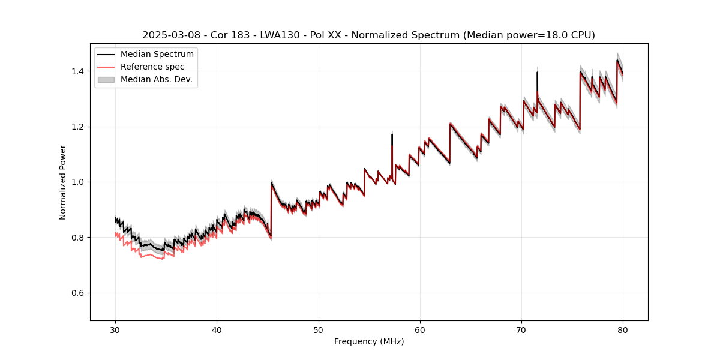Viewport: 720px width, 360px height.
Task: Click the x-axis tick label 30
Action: click(116, 330)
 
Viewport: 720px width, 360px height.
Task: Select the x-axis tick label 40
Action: click(217, 330)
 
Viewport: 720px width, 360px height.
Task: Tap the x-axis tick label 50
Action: click(319, 330)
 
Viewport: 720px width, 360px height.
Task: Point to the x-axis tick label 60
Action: click(420, 330)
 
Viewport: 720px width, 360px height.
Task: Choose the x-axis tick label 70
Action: click(521, 330)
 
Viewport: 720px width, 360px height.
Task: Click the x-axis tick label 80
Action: click(623, 330)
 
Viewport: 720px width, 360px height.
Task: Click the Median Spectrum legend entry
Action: click(157, 55)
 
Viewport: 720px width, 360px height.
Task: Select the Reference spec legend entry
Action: click(152, 67)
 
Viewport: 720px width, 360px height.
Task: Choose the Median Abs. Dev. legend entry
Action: click(156, 79)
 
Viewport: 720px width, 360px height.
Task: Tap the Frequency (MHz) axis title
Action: click(369, 341)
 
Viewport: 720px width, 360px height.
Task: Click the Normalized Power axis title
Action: click(63, 182)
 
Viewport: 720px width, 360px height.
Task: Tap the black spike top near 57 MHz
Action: click(392, 134)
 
